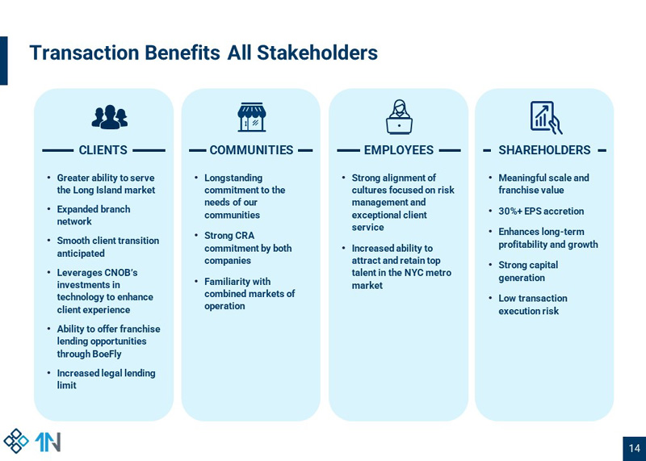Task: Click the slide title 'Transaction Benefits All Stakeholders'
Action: (203, 53)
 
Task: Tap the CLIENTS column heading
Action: (103, 150)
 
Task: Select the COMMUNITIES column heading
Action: (251, 150)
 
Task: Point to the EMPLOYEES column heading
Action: (398, 150)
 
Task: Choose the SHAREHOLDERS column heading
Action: (544, 150)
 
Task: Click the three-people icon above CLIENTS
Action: (109, 117)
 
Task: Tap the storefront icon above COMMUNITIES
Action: (252, 117)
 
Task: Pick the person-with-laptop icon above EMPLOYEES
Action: (399, 117)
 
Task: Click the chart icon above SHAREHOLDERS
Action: (546, 117)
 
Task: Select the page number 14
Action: (634, 449)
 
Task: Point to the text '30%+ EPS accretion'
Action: (540, 212)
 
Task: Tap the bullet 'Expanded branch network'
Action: (93, 216)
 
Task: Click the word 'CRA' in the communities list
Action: (245, 236)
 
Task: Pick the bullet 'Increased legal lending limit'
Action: (106, 379)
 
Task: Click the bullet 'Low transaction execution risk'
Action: (532, 304)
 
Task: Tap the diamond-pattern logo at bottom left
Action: (16, 441)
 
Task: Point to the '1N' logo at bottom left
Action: (48, 442)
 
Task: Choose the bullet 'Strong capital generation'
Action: (527, 271)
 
